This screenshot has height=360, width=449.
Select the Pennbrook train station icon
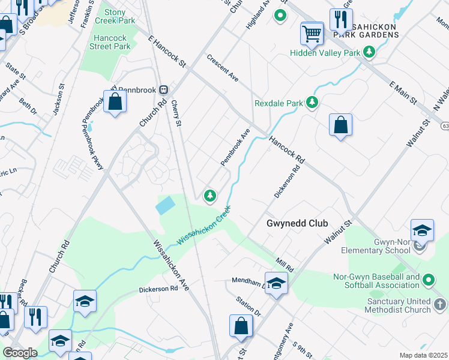(163, 89)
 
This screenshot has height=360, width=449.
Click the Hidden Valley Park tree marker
(369, 53)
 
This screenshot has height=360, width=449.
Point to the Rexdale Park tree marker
(312, 103)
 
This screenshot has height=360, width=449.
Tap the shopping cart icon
(312, 33)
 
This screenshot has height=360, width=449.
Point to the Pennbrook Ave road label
(235, 148)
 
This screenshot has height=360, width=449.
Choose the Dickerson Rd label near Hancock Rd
(286, 182)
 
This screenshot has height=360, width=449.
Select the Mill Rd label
(285, 265)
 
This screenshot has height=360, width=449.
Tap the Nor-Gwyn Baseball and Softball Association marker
(429, 280)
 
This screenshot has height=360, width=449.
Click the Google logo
(20, 353)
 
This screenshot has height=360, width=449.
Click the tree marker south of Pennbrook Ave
(210, 195)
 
